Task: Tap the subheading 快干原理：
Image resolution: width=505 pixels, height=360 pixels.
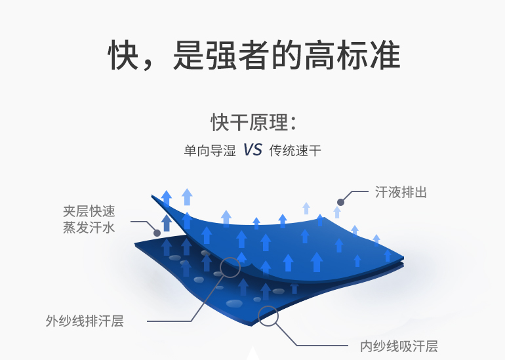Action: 253,122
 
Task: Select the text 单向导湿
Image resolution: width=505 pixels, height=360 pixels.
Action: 209,151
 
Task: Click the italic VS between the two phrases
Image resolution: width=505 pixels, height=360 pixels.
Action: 253,150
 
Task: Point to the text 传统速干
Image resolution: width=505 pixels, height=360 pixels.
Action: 295,151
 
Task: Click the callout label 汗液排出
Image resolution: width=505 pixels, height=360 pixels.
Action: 401,192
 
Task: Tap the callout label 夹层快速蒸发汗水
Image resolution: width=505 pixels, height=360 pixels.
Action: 89,220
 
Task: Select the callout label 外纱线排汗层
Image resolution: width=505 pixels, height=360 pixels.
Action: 85,321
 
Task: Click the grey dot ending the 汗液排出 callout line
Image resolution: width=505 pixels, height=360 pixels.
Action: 340,202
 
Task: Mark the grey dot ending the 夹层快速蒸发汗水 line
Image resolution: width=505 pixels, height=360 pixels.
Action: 156,232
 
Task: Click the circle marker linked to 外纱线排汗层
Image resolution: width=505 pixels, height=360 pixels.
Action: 230,267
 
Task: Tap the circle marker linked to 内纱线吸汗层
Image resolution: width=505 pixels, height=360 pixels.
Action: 268,315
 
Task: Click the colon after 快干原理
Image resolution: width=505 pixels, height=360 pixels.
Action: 293,123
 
